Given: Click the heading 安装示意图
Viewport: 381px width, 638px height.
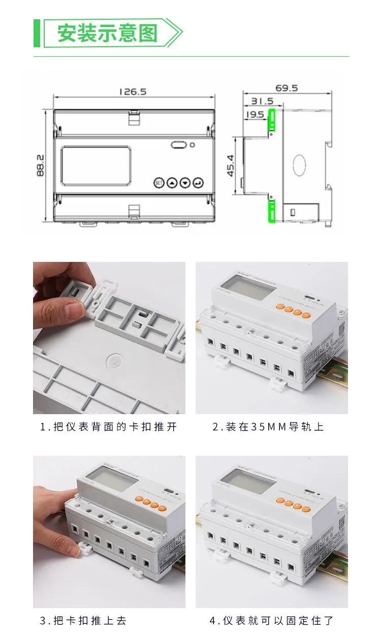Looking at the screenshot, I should [107, 33].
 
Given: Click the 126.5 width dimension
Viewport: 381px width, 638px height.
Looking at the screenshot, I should [133, 92].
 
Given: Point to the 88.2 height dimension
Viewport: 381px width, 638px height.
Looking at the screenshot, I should [41, 165].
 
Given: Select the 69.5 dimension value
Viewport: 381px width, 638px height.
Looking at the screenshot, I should [287, 88].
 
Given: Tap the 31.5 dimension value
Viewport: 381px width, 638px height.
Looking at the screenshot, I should [262, 102].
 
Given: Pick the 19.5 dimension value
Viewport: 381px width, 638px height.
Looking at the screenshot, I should [255, 115].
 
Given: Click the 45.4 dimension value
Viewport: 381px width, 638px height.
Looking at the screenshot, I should [231, 165].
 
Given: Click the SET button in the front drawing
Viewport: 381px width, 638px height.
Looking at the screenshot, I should [159, 182].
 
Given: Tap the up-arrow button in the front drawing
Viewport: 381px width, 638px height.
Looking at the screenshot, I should [172, 182].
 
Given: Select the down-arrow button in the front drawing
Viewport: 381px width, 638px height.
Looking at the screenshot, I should [185, 182].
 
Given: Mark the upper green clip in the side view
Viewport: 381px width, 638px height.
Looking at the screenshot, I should [272, 122].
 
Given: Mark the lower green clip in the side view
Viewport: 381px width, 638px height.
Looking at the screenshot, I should [272, 211].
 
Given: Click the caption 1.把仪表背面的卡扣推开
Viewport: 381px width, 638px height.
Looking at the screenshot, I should [109, 427].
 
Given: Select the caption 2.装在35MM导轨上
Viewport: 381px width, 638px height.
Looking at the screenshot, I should [268, 427].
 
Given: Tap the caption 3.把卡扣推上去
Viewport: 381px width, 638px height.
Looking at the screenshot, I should [83, 620].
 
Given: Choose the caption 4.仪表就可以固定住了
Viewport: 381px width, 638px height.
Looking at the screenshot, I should [272, 620].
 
